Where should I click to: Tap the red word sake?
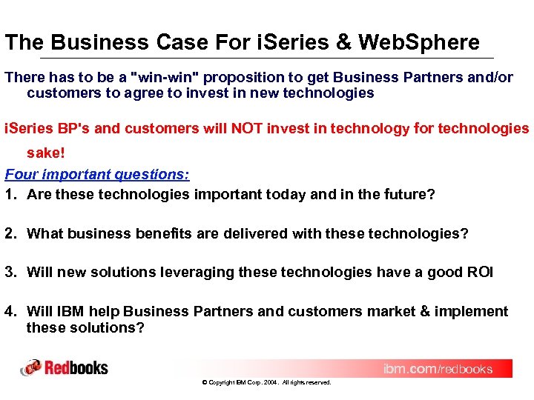coord(47,153)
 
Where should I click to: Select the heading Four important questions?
coord(97,175)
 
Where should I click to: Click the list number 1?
coord(10,195)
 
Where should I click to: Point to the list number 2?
coord(10,234)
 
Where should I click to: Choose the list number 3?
coord(10,273)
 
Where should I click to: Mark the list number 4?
coord(10,312)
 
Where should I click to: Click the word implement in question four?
coord(473,312)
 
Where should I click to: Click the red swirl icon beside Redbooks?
coord(31,367)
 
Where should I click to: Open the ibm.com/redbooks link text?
coord(438,369)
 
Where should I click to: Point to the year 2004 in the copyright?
coord(271,383)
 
